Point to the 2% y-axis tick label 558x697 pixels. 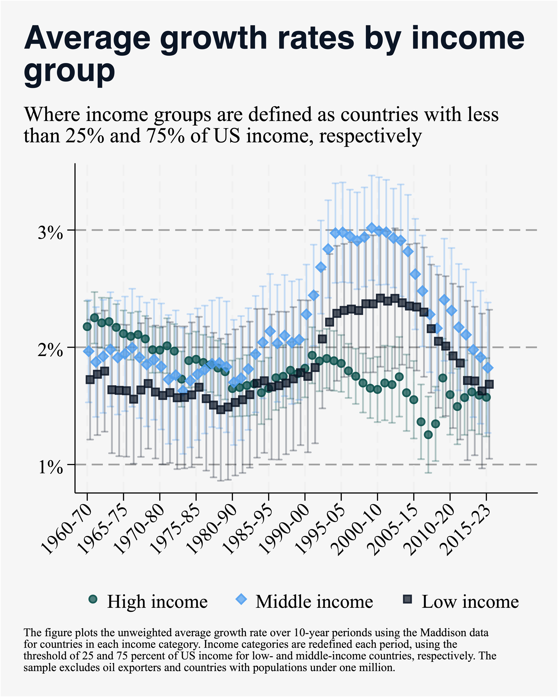click(50, 350)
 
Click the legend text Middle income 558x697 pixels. click(314, 602)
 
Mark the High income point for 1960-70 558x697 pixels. click(87, 326)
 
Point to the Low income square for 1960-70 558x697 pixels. click(90, 379)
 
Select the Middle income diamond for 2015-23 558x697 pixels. click(488, 367)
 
